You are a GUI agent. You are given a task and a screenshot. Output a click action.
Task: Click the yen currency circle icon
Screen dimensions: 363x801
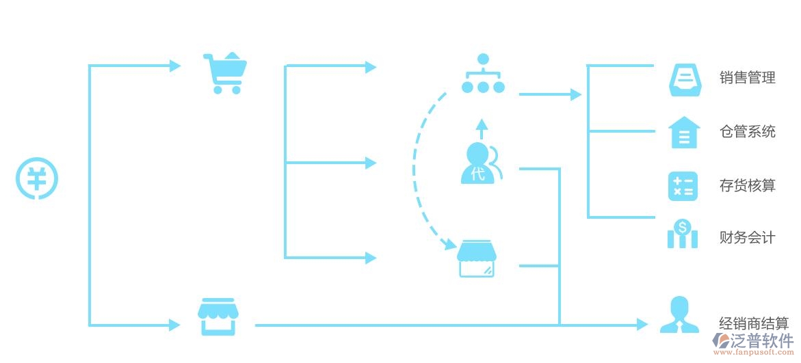37,180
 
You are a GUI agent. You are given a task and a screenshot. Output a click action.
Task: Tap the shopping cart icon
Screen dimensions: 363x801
225,73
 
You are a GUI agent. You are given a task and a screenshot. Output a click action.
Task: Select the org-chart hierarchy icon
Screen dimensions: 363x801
483,75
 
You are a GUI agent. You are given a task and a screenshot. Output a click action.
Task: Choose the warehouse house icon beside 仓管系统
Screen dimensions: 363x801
684,133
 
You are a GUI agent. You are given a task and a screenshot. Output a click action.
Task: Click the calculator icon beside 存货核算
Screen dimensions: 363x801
683,186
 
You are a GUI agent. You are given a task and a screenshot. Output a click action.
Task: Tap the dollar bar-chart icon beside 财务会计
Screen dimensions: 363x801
683,234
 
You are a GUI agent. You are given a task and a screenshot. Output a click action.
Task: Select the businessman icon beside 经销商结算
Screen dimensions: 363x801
679,315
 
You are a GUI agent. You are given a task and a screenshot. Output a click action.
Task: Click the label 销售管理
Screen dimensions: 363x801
748,78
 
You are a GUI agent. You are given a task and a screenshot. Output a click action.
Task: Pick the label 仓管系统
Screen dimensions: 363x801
748,132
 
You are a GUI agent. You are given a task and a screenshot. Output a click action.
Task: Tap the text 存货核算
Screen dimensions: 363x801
748,185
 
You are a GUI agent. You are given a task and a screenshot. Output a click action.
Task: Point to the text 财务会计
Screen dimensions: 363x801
748,238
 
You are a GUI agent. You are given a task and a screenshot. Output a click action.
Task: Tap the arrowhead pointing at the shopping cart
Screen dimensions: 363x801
175,66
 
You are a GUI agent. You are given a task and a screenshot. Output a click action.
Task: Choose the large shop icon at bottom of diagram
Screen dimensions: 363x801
218,317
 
